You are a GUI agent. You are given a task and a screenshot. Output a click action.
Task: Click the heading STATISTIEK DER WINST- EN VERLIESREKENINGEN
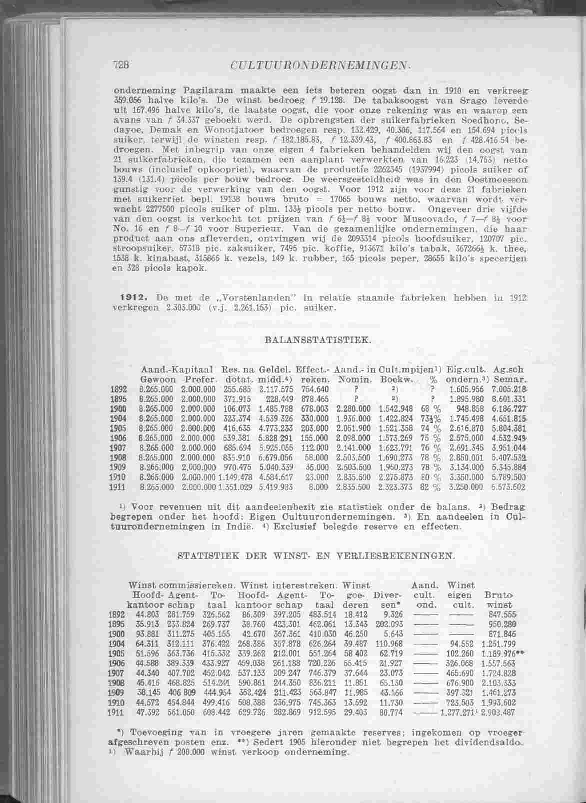317,556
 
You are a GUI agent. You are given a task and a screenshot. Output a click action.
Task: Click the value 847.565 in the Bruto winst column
502,614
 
